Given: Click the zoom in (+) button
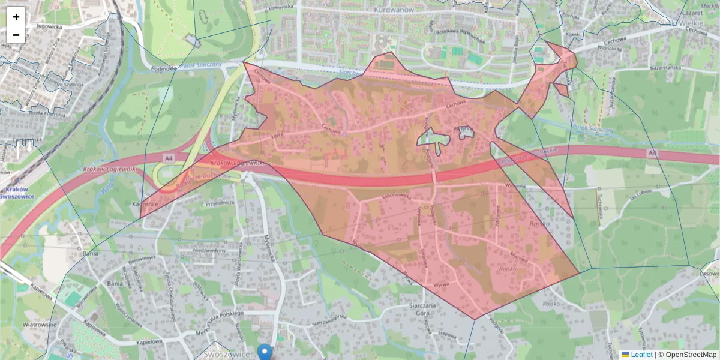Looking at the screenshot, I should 16,17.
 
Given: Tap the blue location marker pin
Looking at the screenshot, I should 265,352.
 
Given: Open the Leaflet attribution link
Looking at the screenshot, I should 641,355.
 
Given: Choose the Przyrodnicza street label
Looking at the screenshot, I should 219,203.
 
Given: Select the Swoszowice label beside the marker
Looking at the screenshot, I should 232,355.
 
